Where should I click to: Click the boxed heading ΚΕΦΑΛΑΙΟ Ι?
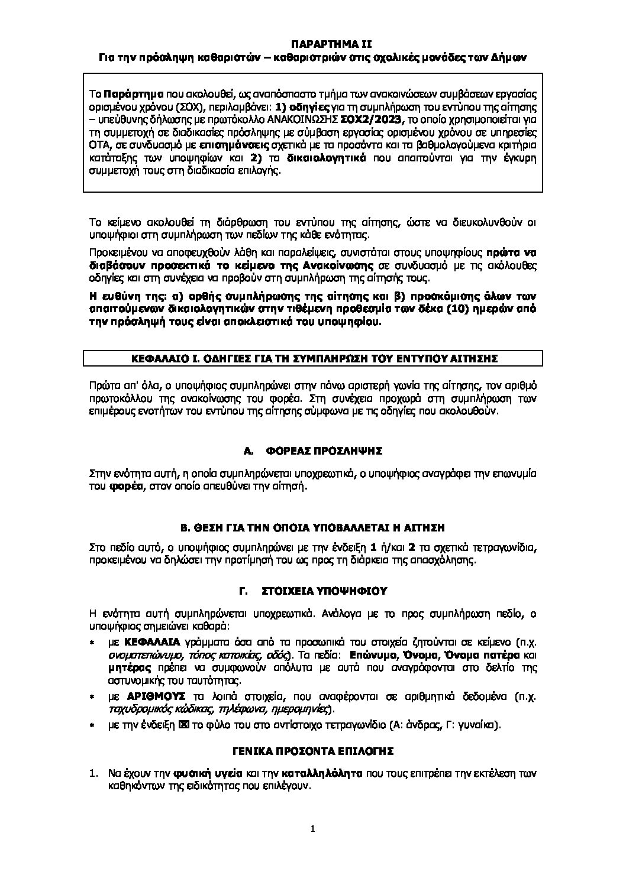click(x=312, y=358)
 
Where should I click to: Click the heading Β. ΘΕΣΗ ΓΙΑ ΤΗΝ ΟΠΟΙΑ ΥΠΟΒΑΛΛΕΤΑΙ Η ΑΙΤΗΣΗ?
click(x=312, y=527)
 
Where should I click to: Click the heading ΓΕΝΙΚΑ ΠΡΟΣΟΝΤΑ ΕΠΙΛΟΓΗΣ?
click(x=312, y=751)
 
